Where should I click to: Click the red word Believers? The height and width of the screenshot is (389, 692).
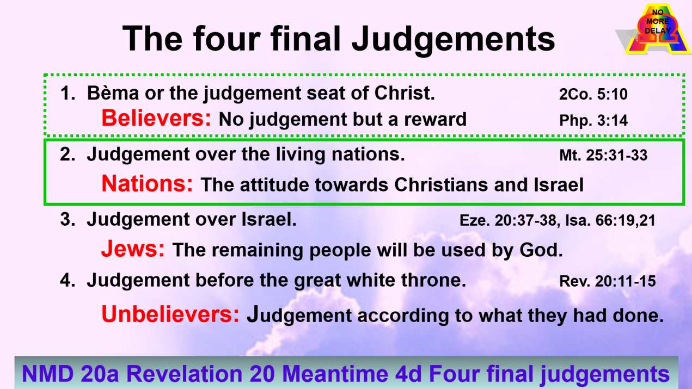(156, 118)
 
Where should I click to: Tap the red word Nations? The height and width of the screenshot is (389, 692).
(147, 184)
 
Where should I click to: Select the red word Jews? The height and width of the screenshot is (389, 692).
(133, 249)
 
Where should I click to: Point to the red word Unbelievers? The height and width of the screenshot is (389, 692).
(170, 314)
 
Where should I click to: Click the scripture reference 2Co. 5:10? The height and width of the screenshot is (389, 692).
(593, 95)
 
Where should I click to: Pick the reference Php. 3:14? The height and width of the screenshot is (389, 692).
(593, 120)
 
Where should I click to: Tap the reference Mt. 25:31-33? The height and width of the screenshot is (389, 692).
(603, 156)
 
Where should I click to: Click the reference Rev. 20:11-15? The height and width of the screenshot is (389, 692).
(608, 282)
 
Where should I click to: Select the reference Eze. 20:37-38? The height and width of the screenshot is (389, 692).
(503, 221)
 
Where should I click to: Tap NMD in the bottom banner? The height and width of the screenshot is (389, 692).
(47, 374)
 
